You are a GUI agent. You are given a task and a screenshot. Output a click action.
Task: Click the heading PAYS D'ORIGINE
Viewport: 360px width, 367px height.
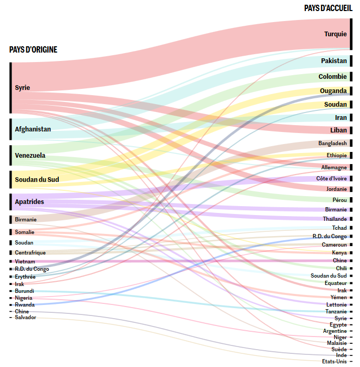[x=33, y=50]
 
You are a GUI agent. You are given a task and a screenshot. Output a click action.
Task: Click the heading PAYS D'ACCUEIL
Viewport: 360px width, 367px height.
[x=328, y=8]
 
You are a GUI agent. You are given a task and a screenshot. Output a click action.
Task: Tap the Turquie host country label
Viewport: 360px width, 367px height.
[x=335, y=34]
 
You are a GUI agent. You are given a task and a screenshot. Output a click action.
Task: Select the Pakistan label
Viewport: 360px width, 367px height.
[x=334, y=61]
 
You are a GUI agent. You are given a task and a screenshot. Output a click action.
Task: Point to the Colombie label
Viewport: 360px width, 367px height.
[x=332, y=77]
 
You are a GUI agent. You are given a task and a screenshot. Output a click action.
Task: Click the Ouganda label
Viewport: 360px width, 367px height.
[x=333, y=91]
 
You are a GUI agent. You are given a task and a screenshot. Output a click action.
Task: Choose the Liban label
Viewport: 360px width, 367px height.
[x=338, y=130]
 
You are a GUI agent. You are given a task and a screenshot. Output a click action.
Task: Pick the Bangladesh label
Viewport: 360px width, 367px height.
[x=332, y=144]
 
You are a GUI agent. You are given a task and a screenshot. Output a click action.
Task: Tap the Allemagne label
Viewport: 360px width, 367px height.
[x=334, y=168]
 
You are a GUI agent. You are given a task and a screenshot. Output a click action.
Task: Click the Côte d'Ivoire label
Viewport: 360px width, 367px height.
[x=332, y=179]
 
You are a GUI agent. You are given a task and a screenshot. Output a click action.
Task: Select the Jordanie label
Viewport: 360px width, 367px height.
[x=336, y=189]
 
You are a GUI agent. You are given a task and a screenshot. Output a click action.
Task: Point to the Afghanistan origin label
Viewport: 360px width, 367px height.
[x=33, y=129]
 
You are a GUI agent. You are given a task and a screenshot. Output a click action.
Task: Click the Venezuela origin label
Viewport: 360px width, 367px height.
[x=30, y=156]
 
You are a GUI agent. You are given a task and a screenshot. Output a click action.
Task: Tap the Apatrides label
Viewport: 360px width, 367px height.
[x=29, y=202]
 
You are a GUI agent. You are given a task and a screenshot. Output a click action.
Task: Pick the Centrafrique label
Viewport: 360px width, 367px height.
[x=30, y=253]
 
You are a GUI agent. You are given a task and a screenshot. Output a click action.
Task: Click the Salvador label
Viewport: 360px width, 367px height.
[x=25, y=318]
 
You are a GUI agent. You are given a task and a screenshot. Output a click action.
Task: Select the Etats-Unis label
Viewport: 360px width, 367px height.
[x=334, y=362]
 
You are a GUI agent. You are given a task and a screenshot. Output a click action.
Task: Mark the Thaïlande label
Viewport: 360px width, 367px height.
[x=335, y=219]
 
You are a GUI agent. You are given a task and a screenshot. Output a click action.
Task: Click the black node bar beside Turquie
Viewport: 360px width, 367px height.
[x=351, y=34]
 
